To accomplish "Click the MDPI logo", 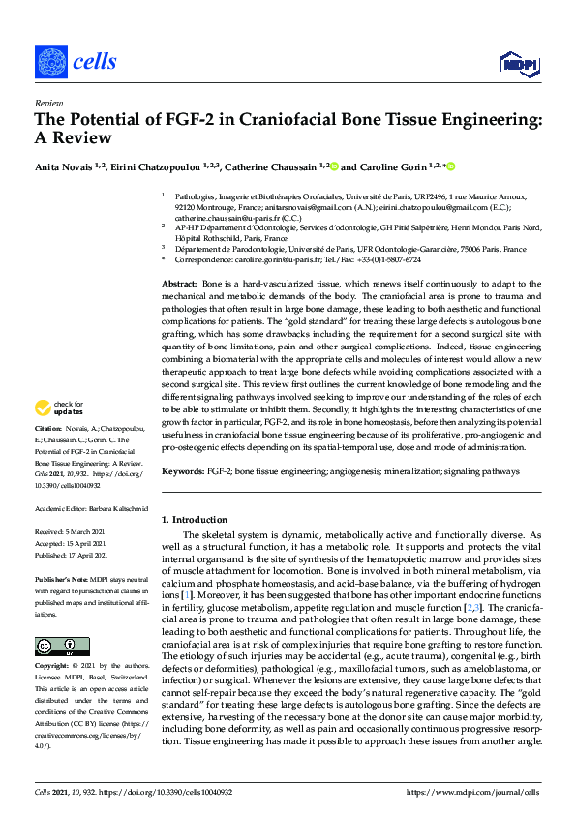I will point(518,63).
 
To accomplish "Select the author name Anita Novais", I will point(67,166).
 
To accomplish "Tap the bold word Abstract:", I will point(180,282).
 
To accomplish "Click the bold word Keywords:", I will point(184,471).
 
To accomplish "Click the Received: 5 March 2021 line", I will point(71,531).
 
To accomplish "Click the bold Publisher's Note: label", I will point(60,578).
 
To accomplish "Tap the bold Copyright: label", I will point(54,667).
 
